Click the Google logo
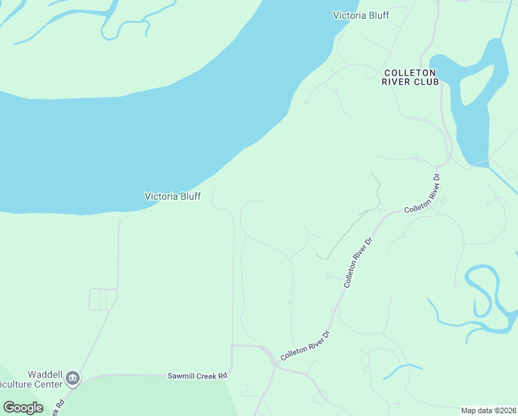(23, 407)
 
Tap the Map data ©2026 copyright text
(488, 410)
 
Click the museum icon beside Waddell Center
(73, 379)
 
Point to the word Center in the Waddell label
(48, 383)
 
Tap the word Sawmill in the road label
(183, 376)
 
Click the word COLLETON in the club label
(410, 72)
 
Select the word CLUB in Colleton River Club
(428, 82)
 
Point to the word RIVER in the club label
(398, 82)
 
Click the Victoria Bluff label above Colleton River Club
(361, 15)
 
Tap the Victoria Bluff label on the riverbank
(172, 196)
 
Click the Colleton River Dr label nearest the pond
(423, 193)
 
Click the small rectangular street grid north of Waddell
(102, 299)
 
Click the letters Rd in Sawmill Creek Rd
(222, 376)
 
